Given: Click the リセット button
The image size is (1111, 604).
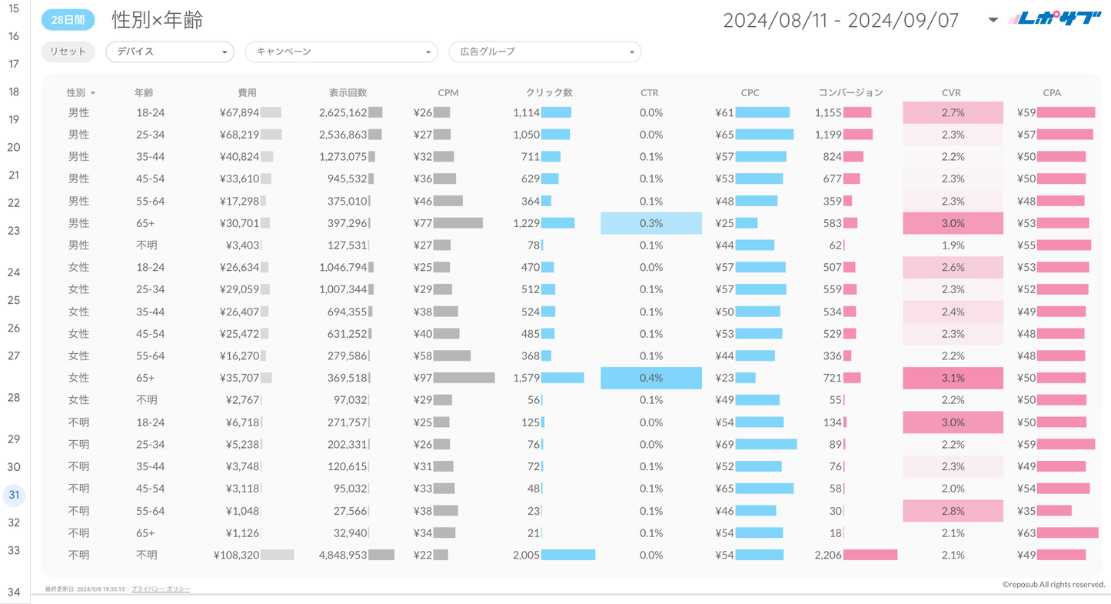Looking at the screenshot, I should tap(68, 52).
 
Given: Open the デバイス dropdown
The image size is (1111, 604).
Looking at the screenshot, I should tap(169, 52).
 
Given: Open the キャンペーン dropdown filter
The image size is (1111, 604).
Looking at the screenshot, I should tap(341, 52).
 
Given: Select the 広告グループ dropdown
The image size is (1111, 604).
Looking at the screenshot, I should tap(544, 52).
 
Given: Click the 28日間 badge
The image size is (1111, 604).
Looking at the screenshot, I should tap(68, 20).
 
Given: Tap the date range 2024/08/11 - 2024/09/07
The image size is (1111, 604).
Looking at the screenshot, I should tap(840, 20).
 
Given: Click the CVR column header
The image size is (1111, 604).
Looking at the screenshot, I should tap(951, 92).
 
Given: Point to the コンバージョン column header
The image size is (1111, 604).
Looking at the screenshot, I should tap(850, 92).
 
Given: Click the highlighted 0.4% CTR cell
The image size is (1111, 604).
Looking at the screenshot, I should tap(650, 378).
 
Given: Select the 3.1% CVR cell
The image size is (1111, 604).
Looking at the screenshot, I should tap(953, 378).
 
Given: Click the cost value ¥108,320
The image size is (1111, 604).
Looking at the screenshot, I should tap(237, 555).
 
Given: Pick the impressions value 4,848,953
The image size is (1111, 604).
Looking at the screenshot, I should tap(343, 555).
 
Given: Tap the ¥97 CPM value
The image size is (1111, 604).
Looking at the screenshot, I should tap(423, 378).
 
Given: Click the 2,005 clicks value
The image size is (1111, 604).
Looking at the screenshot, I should tap(526, 555).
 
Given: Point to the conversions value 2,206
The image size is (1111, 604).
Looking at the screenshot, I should tap(828, 555).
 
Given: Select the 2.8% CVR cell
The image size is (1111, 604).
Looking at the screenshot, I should tap(953, 511).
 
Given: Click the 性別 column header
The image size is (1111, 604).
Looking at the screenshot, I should tap(76, 92).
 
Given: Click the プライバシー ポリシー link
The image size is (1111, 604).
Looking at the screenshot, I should tap(161, 589).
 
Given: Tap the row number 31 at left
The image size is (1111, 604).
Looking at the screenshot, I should tap(14, 495).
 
